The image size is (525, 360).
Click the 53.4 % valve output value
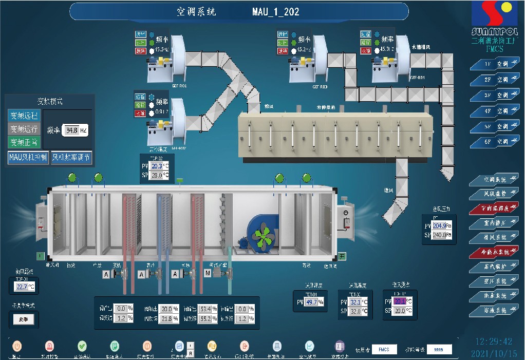click(x=207, y=309)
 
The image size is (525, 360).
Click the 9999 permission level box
click(x=439, y=349)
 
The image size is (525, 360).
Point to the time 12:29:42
click(x=494, y=341)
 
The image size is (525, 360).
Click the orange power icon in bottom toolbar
click(x=17, y=346)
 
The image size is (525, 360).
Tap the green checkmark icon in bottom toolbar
click(x=82, y=346)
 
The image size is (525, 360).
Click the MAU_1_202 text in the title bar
click(x=276, y=11)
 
